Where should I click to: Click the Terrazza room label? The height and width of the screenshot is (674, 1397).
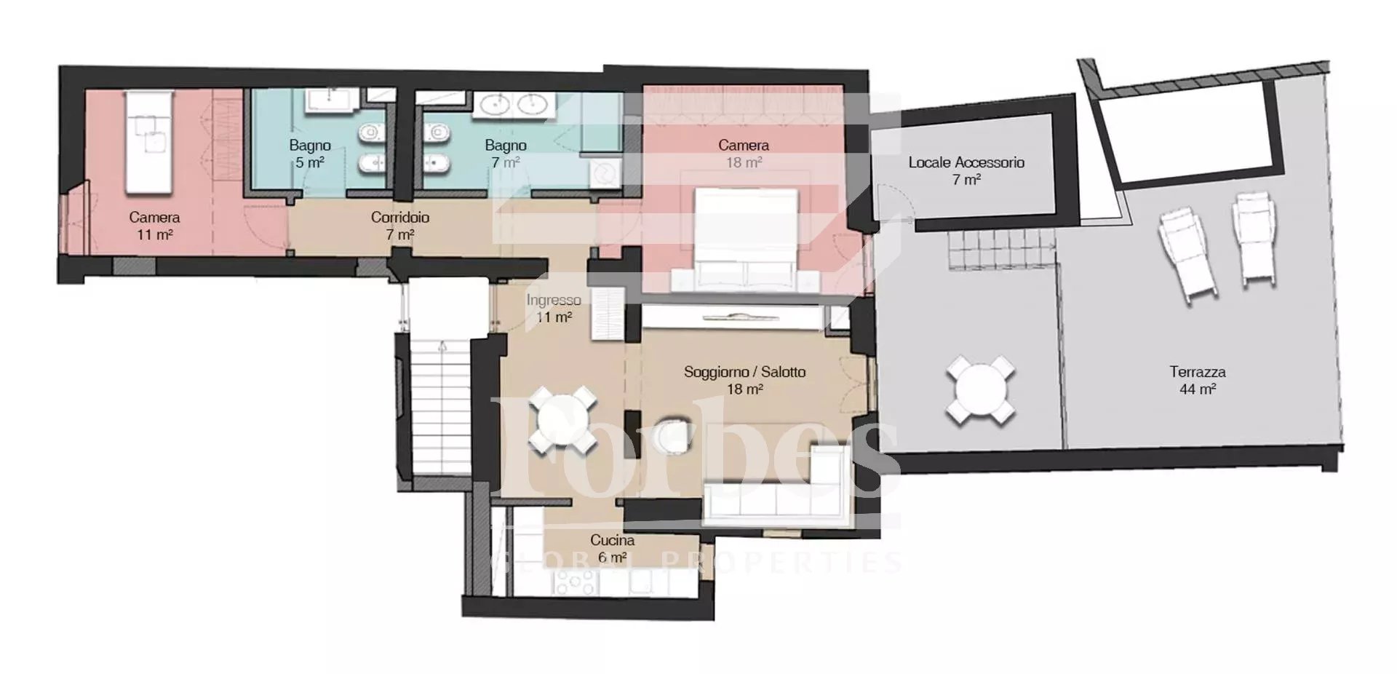(1198, 372)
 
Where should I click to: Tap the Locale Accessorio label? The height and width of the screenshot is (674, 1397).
(966, 162)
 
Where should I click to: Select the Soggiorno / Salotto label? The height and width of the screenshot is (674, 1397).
(744, 372)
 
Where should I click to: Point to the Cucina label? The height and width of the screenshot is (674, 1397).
(612, 540)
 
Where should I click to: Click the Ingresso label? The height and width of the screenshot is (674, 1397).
(554, 300)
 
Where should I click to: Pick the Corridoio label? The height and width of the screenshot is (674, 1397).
(400, 217)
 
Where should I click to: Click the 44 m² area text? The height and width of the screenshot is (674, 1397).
(1198, 389)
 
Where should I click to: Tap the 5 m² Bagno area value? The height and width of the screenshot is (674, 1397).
(310, 162)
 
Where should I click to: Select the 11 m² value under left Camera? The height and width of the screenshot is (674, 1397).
(154, 234)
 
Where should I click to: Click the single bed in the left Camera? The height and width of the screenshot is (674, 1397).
(149, 142)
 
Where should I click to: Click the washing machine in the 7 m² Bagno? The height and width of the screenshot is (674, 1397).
(605, 174)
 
